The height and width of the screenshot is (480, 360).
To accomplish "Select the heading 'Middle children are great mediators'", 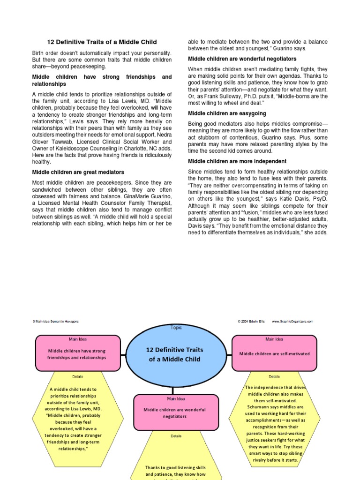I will pos(78,172).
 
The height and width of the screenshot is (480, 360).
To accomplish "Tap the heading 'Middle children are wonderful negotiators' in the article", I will pos(242,59).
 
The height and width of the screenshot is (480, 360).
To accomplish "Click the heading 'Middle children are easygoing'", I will pos(227,113).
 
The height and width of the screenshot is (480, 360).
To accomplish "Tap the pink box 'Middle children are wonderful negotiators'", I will pos(176,412).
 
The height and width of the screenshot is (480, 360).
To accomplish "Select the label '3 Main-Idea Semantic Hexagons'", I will pos(56,322).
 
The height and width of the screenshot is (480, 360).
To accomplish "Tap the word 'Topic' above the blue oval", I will pos(177,328).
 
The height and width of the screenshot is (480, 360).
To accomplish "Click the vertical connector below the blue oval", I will pos(173,390).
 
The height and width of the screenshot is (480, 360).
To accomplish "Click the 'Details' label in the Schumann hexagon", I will pos(274,376).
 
